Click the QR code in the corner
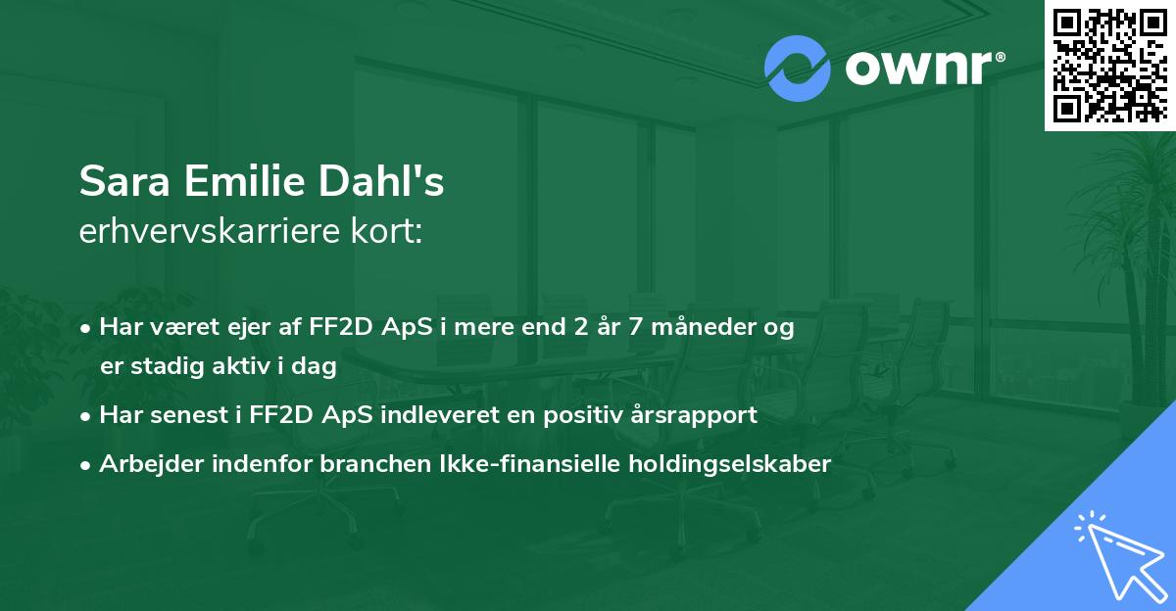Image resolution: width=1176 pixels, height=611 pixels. [1110, 66]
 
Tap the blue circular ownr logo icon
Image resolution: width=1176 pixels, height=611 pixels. [797, 69]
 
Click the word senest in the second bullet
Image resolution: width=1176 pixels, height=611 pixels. [193, 415]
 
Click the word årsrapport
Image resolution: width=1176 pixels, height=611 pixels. [695, 415]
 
